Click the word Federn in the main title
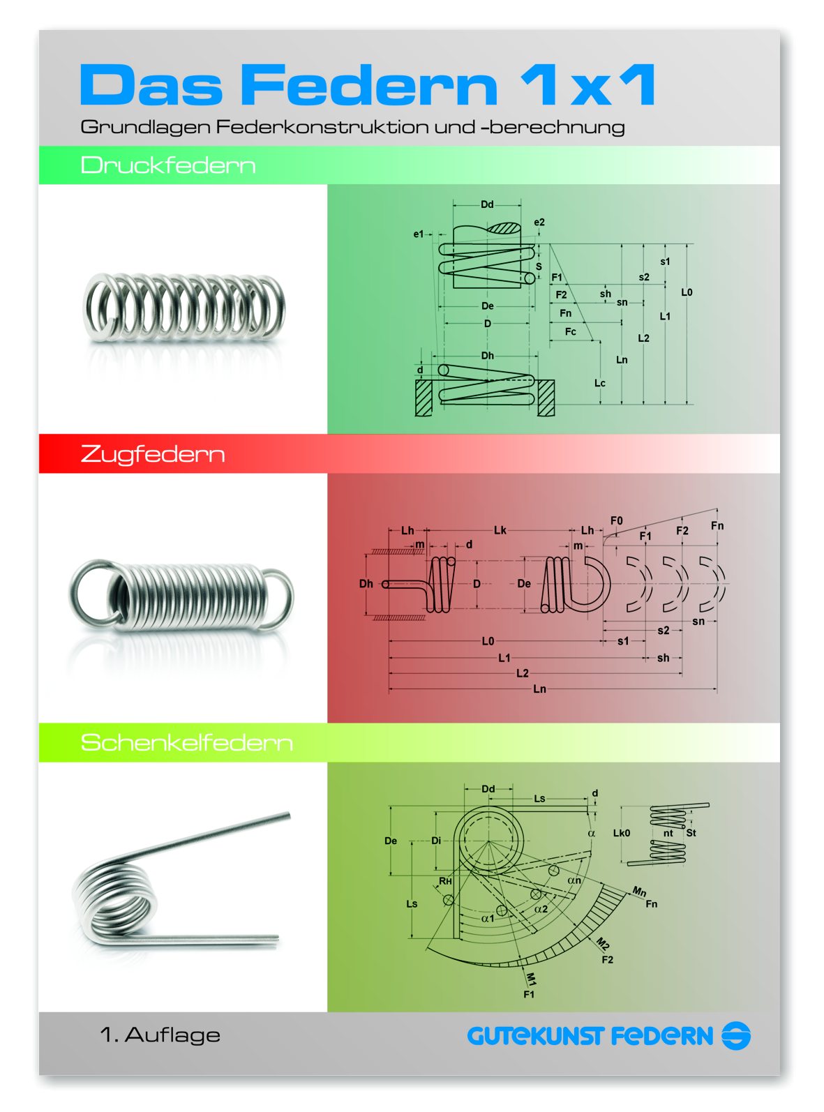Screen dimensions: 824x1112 370,84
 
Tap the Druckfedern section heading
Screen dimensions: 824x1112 168,165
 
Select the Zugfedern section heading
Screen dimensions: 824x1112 153,455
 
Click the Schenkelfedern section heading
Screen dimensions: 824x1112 186,742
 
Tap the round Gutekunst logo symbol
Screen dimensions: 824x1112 735,1035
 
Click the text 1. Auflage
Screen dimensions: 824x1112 160,1035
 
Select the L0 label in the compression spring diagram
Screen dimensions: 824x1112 687,292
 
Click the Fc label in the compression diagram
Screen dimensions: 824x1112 570,331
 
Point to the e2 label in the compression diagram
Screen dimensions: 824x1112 539,222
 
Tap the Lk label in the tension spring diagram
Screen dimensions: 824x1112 500,530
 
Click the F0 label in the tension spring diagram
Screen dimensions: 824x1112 616,520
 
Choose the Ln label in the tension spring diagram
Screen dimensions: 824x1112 539,689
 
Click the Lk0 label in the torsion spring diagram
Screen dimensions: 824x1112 622,833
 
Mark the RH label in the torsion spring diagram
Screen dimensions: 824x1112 445,881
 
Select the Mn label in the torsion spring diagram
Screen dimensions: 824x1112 639,892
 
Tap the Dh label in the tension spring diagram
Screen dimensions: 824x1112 366,584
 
